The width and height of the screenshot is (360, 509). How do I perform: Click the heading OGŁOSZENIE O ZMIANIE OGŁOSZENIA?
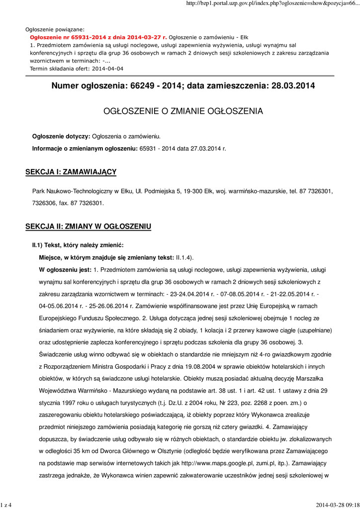[x=183, y=111]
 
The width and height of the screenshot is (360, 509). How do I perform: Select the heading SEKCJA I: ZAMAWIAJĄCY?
[x=71, y=172]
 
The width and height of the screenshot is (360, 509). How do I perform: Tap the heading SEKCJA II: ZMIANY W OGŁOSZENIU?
[x=88, y=227]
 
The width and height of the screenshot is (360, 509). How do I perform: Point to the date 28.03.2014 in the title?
[x=293, y=86]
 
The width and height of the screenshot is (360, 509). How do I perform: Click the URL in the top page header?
[x=271, y=3]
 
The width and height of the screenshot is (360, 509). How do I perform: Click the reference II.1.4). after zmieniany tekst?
[x=185, y=257]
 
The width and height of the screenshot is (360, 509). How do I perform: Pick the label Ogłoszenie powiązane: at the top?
[x=55, y=30]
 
